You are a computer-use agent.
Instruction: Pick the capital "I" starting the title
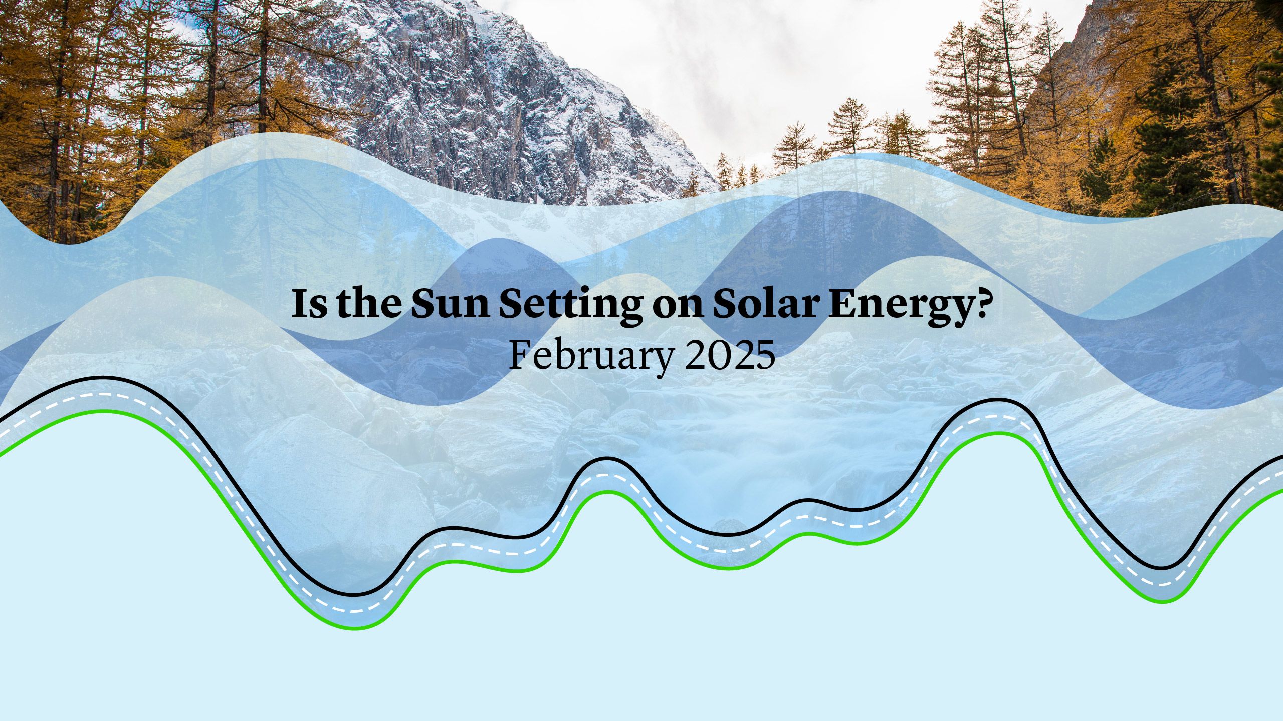[300, 304]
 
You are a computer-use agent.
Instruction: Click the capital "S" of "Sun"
[425, 304]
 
